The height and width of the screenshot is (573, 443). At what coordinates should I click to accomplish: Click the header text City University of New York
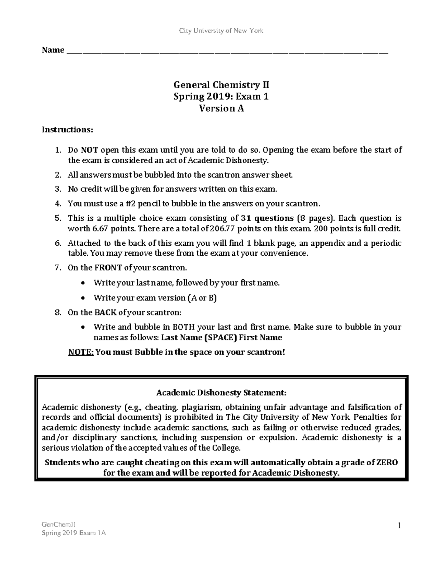point(221,31)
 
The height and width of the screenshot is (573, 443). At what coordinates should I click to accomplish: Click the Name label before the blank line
point(53,50)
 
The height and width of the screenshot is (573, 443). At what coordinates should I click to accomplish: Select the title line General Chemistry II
point(221,85)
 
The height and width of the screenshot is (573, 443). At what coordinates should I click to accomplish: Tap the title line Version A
point(221,108)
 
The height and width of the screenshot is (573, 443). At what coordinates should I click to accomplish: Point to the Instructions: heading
point(68,130)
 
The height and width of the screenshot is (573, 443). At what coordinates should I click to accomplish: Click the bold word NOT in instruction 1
point(90,150)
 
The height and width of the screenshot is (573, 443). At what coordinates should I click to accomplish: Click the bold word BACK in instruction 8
point(106,313)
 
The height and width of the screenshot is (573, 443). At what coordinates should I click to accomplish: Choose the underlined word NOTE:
point(81,352)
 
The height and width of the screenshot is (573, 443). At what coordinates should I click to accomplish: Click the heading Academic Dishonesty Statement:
point(221,393)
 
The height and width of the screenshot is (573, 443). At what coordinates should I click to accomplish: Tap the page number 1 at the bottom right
point(399,525)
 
